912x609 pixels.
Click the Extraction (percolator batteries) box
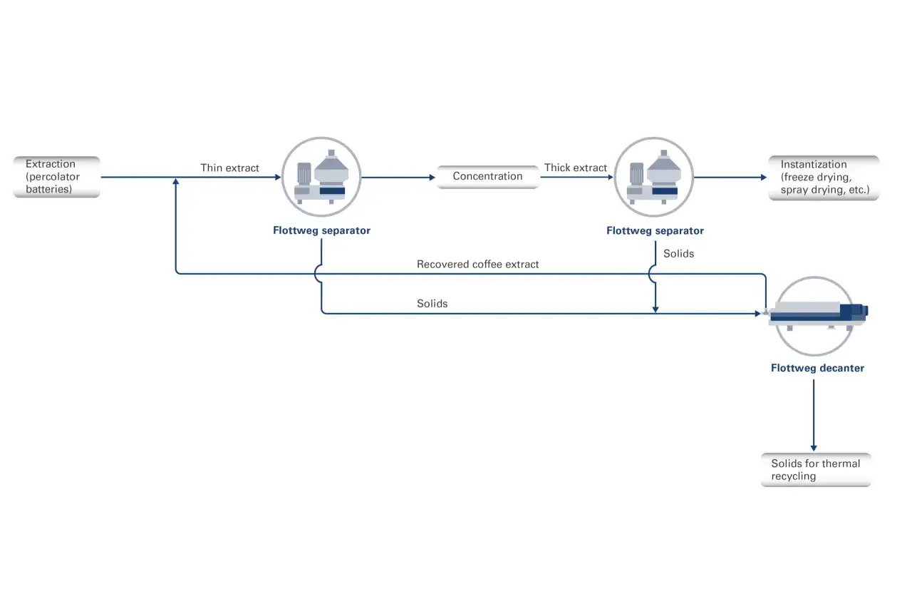click(56, 177)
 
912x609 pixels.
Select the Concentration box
click(488, 177)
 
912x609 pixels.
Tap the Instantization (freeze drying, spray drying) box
click(824, 178)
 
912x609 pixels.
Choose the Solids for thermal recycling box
click(817, 470)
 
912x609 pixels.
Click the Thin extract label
click(229, 168)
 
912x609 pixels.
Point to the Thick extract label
click(575, 168)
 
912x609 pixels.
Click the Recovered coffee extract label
click(477, 264)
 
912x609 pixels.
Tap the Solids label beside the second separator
click(679, 254)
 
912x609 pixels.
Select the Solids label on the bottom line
click(432, 303)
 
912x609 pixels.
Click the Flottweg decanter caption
click(817, 368)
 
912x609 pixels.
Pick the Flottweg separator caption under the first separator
click(321, 231)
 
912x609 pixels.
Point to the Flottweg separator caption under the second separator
click(655, 231)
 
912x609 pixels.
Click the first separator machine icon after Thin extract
click(321, 177)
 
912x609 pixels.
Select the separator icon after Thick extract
click(654, 177)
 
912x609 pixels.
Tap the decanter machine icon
click(816, 317)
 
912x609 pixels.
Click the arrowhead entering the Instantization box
click(764, 178)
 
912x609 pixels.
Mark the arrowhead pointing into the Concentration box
click(432, 178)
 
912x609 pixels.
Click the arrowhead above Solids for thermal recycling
click(814, 448)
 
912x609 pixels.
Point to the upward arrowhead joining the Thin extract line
click(176, 181)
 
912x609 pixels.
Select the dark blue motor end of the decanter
click(854, 312)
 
